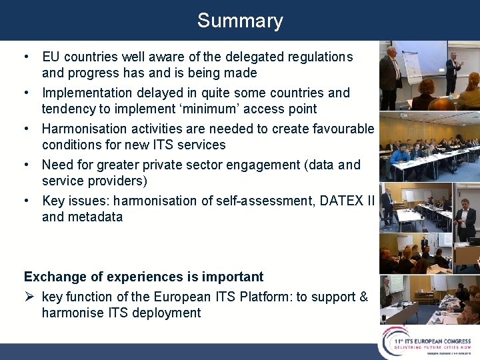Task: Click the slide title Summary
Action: click(240, 21)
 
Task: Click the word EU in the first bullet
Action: click(51, 57)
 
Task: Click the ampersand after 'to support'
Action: click(363, 297)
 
